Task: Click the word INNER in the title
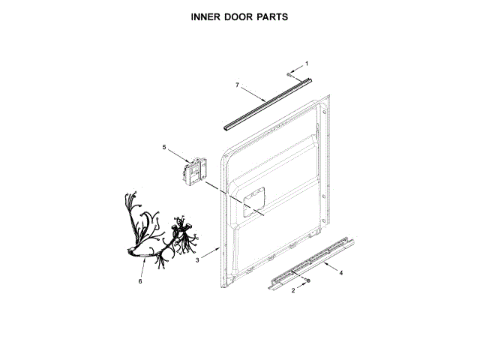[205, 16]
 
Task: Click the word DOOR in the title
[239, 16]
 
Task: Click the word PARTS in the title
[274, 16]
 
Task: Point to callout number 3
[197, 260]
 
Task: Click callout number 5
[164, 148]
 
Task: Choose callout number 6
[139, 281]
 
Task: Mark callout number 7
[237, 86]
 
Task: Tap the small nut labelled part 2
[307, 280]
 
